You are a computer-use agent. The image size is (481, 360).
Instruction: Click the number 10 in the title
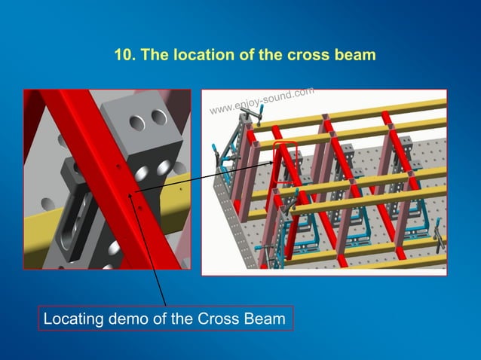pos(123,56)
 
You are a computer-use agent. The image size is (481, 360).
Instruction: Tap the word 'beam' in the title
pos(354,56)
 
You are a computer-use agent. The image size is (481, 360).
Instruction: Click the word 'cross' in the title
pos(310,56)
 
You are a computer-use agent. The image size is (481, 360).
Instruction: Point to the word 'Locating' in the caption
pos(74,319)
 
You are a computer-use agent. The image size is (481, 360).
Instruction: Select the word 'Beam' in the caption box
pos(265,319)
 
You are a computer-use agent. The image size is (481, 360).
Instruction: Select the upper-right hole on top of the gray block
pos(158,117)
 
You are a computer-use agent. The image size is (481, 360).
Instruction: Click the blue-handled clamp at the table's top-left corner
pos(250,114)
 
